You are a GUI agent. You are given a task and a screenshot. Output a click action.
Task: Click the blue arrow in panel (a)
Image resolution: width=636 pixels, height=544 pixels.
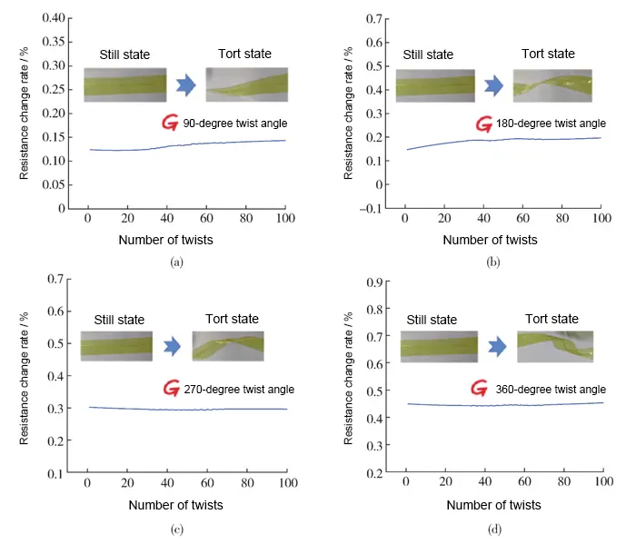[x=186, y=85]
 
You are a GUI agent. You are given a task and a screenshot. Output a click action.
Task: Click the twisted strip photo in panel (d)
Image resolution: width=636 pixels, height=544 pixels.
[x=554, y=346]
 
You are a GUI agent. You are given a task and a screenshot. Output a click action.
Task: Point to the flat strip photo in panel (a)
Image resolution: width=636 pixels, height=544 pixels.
[x=125, y=85]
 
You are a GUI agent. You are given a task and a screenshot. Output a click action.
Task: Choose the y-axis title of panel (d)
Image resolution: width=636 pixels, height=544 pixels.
[x=349, y=377]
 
